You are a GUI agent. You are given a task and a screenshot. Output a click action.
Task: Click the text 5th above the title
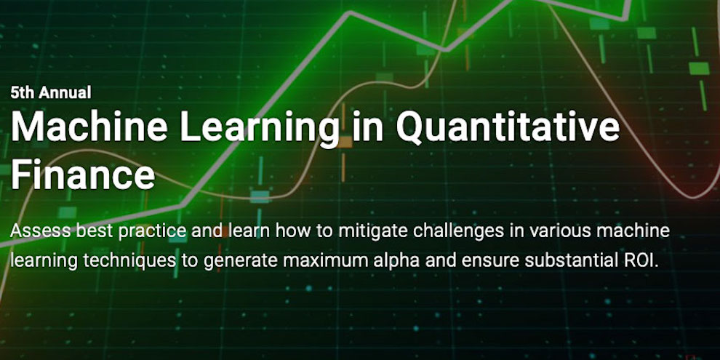(x=22, y=92)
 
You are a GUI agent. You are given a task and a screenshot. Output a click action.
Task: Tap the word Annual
(x=65, y=92)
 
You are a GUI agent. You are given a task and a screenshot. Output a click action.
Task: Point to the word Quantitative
(x=508, y=127)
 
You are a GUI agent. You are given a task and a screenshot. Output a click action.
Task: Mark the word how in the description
(x=287, y=231)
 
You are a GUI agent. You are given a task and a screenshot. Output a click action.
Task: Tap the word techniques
(x=130, y=261)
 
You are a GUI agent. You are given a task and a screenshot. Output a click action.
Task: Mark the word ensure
(x=489, y=261)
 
